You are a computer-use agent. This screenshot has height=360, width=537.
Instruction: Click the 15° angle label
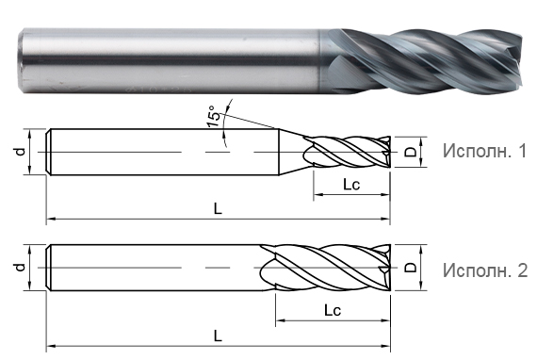(x=215, y=117)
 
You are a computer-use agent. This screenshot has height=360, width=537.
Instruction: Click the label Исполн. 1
(x=483, y=151)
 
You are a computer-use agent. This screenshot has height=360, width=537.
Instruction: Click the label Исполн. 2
(x=483, y=270)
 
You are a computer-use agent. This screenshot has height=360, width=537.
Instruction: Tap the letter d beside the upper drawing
(x=20, y=151)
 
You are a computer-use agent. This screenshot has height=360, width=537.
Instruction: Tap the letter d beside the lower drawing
(x=20, y=268)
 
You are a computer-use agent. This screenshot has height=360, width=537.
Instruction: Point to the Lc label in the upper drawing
(x=350, y=185)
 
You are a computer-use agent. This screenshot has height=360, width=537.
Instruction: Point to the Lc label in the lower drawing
(x=332, y=309)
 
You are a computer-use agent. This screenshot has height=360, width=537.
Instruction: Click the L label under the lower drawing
(x=218, y=335)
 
